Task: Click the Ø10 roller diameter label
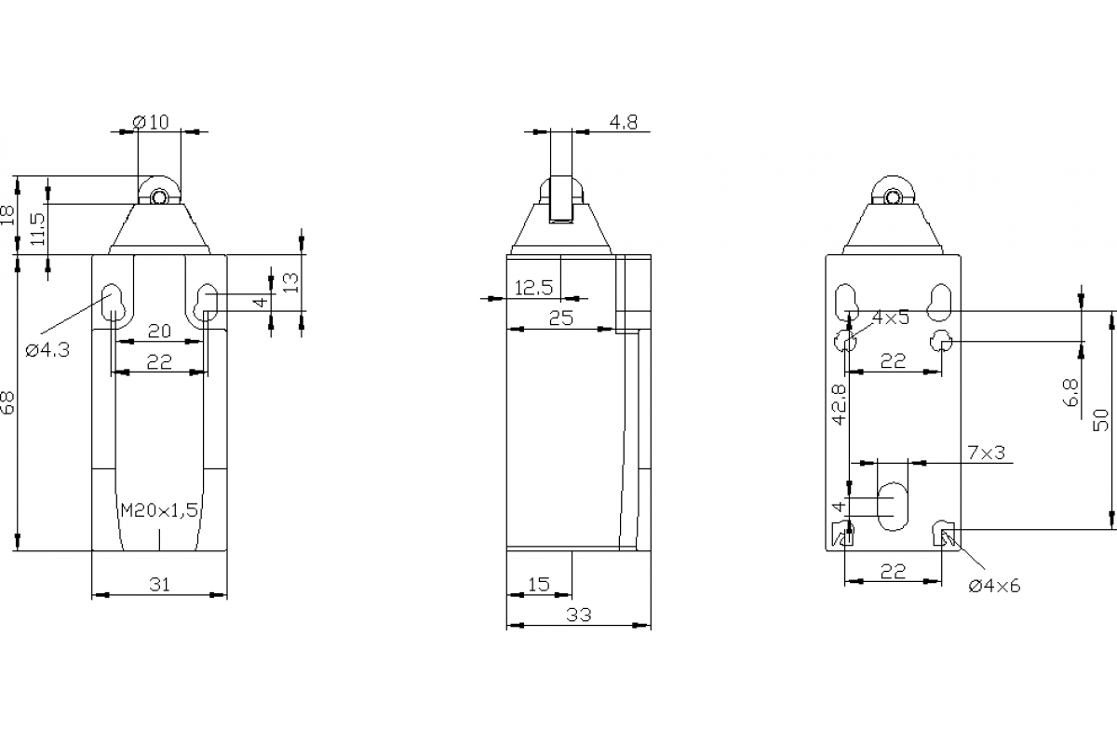pos(151,122)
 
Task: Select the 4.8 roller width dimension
pos(623,122)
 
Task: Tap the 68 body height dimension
pos(8,402)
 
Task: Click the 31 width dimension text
pos(160,585)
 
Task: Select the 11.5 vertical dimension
pos(37,229)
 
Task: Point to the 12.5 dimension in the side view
pos(533,289)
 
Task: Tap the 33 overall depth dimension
pos(578,615)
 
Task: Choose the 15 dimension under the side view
pos(538,585)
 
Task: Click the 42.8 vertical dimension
pos(839,404)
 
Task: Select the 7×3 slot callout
pos(986,453)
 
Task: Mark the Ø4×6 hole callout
pos(994,586)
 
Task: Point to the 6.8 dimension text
pos(1070,392)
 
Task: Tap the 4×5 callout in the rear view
pos(890,318)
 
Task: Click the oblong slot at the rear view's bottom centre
pos(893,506)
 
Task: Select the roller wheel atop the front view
pos(160,196)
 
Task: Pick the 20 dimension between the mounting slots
pos(159,332)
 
